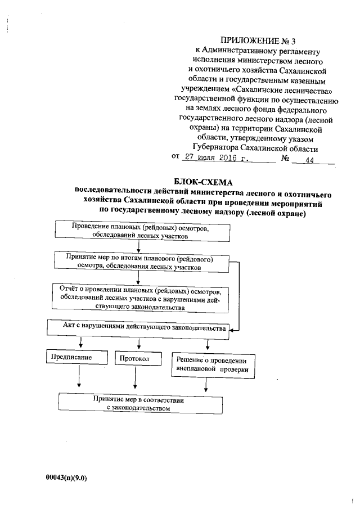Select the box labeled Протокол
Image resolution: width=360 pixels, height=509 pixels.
pos(135,358)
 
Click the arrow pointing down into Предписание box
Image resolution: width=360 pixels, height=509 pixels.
pos(82,343)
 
